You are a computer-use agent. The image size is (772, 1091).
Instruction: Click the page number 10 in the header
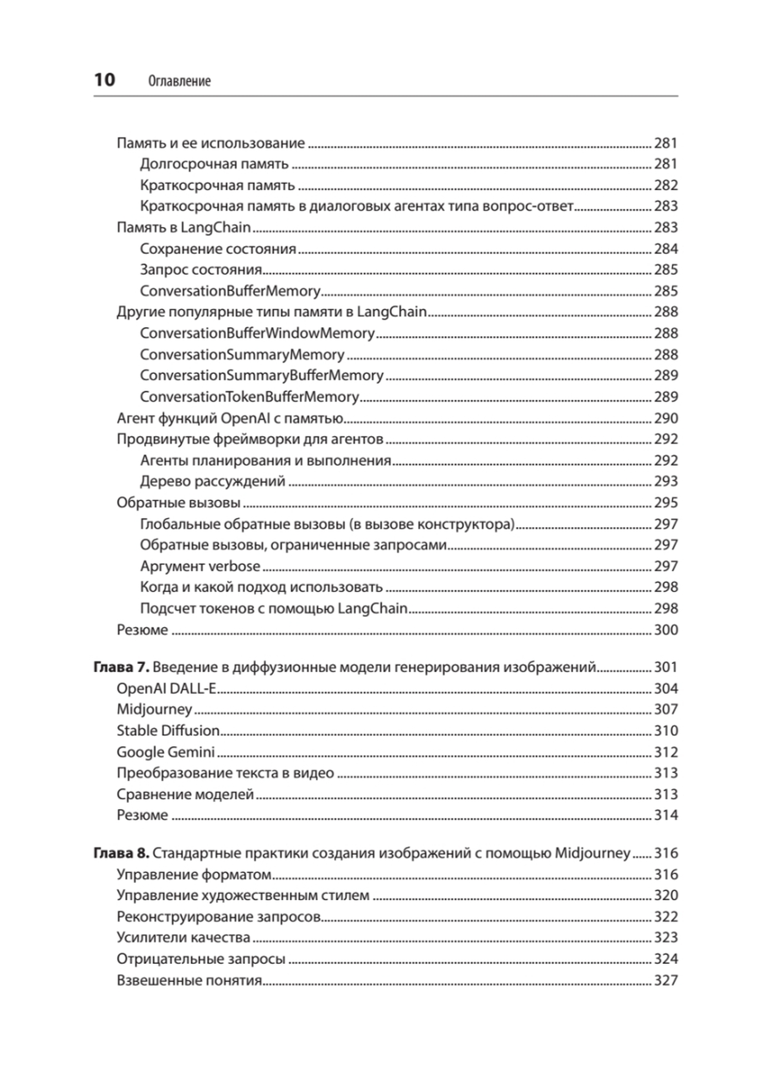tap(104, 80)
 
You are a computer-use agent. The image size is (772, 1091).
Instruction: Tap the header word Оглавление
tap(179, 81)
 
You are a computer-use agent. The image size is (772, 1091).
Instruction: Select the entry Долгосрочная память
tap(214, 164)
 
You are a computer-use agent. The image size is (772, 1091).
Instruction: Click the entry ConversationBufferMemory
tap(230, 291)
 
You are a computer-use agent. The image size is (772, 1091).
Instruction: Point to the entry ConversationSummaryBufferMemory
tap(261, 375)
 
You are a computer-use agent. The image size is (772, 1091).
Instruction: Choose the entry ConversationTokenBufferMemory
tap(249, 397)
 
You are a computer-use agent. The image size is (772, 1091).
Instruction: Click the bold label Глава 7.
tap(121, 667)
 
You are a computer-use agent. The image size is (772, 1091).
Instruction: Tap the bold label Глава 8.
tap(121, 853)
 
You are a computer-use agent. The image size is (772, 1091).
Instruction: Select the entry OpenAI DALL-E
tap(167, 688)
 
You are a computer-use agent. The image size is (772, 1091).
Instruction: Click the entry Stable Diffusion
tap(168, 730)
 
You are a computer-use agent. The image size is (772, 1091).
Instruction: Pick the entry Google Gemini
tap(165, 752)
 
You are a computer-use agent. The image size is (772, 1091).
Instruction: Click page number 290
tap(665, 418)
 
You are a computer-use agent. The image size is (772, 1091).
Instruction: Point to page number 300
tap(665, 629)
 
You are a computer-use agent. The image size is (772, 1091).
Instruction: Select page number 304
tap(665, 688)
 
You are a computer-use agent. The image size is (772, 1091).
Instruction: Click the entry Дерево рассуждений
tap(213, 481)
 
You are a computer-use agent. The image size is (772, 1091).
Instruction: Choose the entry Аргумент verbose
tap(200, 566)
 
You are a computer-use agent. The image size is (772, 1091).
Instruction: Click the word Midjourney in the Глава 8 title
tap(592, 853)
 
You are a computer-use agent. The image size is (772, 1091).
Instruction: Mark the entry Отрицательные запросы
tap(201, 959)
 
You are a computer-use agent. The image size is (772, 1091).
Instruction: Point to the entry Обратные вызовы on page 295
tap(178, 502)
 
